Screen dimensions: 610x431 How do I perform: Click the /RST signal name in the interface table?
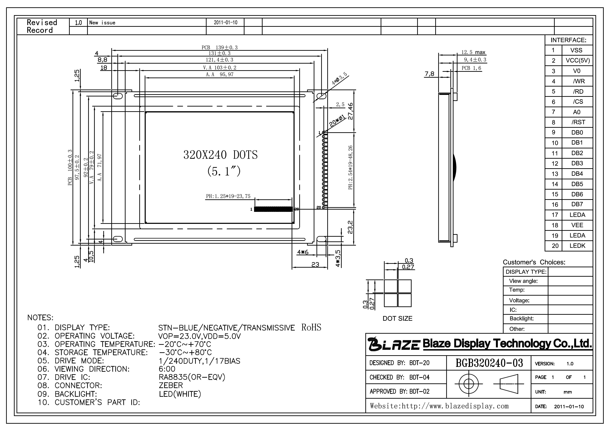(x=578, y=122)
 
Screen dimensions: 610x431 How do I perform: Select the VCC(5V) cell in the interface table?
(x=578, y=60)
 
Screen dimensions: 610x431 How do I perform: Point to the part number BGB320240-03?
(x=489, y=363)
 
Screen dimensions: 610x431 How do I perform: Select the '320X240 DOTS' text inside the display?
(x=220, y=155)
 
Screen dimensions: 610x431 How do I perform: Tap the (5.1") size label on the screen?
(x=224, y=171)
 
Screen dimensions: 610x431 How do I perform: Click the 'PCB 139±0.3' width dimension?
(x=219, y=48)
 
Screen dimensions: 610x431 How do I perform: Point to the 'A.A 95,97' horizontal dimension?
(x=219, y=75)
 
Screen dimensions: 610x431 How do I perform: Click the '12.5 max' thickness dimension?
(x=473, y=52)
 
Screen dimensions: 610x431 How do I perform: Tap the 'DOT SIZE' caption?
(x=398, y=318)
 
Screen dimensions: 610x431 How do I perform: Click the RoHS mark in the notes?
(x=311, y=327)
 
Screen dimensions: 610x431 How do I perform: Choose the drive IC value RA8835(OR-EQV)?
(x=192, y=377)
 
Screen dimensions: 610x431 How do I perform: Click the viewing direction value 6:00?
(x=167, y=369)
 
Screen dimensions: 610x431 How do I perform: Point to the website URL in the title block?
(x=439, y=406)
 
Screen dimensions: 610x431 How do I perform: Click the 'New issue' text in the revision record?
(x=102, y=23)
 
